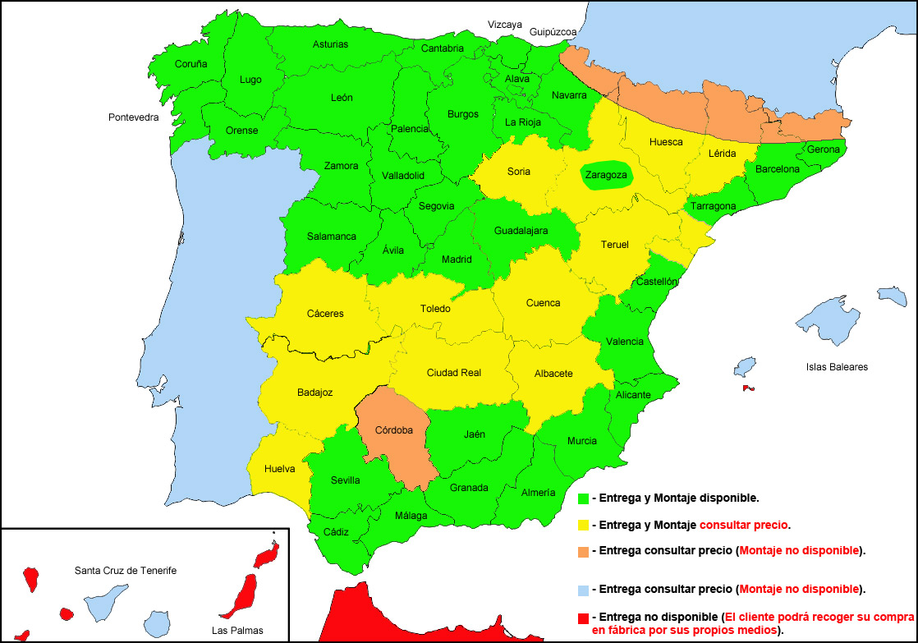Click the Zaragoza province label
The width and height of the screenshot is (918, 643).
click(x=606, y=175)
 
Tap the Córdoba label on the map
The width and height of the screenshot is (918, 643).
click(x=393, y=430)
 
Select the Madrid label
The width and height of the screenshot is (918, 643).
click(x=457, y=259)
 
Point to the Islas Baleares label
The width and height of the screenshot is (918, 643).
click(x=837, y=367)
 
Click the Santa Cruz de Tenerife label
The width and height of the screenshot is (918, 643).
click(x=126, y=570)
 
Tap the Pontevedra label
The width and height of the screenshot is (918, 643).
click(x=133, y=117)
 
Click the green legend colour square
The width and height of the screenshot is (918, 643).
click(x=584, y=498)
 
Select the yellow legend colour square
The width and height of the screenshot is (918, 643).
click(x=584, y=525)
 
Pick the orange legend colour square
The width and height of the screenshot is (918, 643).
click(x=584, y=551)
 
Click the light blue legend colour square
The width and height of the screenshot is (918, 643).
click(x=584, y=590)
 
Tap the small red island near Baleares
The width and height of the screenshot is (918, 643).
click(x=747, y=388)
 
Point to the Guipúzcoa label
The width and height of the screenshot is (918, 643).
click(x=553, y=32)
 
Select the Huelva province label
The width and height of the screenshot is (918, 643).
click(x=280, y=469)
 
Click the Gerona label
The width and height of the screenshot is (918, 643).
click(x=823, y=149)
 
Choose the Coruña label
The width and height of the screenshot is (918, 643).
click(x=190, y=64)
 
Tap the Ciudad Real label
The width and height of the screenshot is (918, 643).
click(x=453, y=373)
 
